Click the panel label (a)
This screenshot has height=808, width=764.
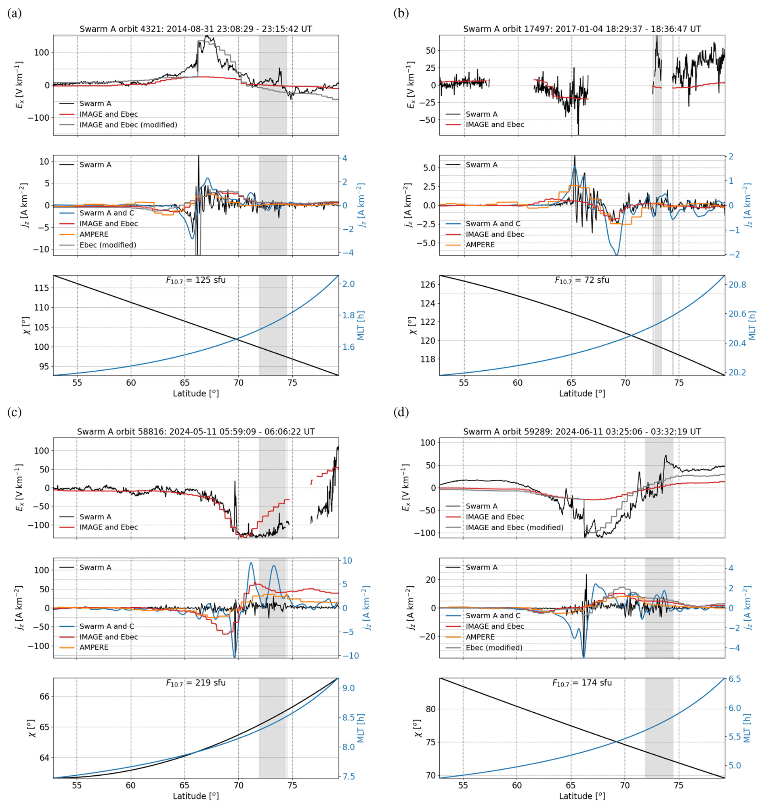click(x=14, y=13)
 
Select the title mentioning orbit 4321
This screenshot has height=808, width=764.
click(x=195, y=29)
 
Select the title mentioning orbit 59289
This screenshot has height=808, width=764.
click(x=582, y=432)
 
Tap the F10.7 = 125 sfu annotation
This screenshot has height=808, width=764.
click(x=195, y=280)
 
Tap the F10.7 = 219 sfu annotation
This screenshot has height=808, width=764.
click(x=195, y=683)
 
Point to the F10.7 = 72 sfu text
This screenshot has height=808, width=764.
click(x=582, y=280)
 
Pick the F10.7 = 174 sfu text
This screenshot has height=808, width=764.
click(x=582, y=683)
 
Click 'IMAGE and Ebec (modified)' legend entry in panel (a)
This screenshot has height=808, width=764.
click(x=128, y=125)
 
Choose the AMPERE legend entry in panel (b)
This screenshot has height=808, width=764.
click(x=480, y=245)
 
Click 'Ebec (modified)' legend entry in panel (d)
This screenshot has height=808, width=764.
click(x=494, y=648)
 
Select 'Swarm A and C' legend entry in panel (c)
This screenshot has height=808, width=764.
click(x=107, y=626)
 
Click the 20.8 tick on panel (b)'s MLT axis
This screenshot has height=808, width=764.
click(x=737, y=285)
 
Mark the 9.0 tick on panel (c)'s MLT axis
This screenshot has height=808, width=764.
click(x=348, y=688)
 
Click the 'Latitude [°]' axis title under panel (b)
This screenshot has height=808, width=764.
click(x=582, y=393)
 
